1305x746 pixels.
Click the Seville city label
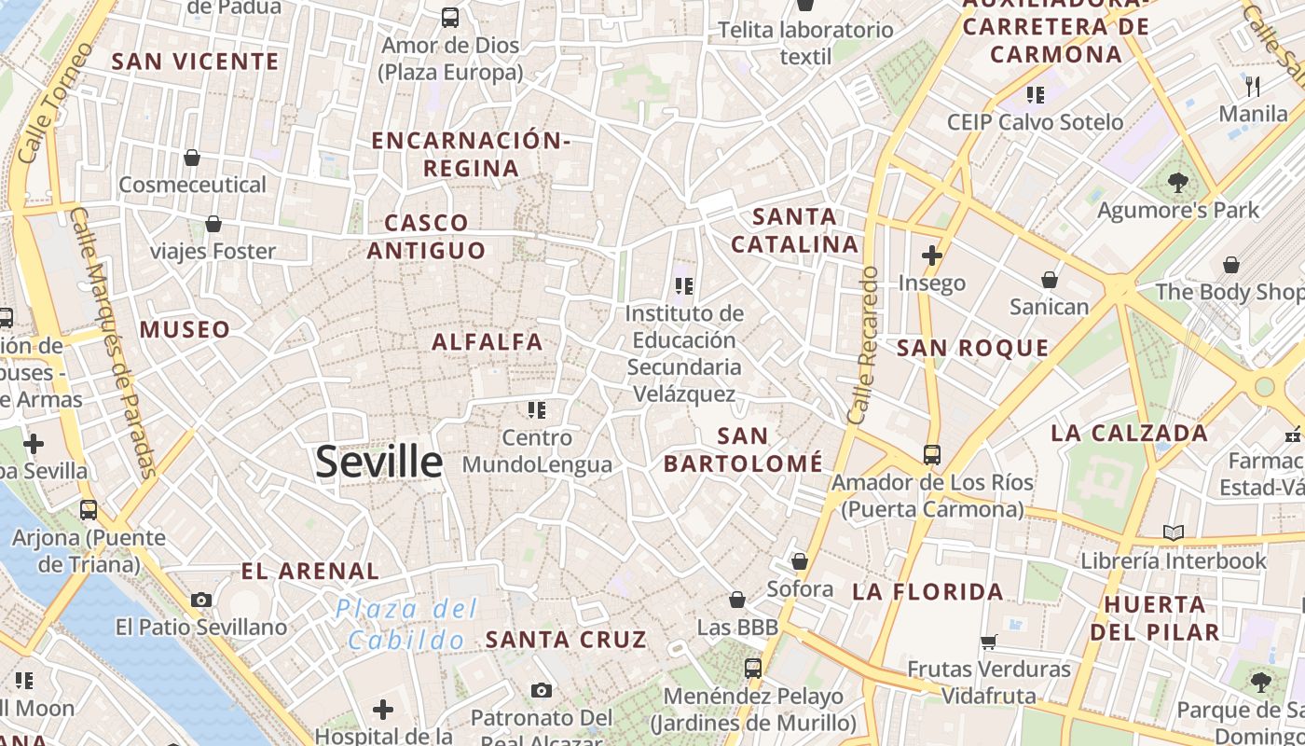click(378, 462)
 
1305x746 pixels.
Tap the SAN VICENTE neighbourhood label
click(195, 62)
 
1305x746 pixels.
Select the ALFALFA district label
click(488, 341)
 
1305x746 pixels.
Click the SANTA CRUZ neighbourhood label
click(566, 640)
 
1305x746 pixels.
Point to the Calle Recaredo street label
click(865, 345)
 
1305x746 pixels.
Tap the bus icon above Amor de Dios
click(450, 17)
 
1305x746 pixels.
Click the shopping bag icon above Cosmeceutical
click(192, 158)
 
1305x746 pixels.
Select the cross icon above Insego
click(931, 255)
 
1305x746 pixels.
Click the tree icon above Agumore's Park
click(1178, 183)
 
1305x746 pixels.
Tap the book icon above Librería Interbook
click(1174, 532)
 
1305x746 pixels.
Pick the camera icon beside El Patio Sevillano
click(201, 600)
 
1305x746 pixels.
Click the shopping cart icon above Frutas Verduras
click(989, 642)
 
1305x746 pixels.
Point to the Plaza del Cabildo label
click(406, 625)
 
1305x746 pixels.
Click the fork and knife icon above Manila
click(1253, 87)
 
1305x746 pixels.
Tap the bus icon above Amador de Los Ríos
click(931, 455)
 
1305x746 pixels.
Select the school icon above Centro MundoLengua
click(536, 409)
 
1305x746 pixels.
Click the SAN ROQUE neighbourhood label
click(972, 349)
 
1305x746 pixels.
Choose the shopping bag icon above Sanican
click(1050, 279)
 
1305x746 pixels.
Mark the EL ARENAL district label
click(309, 571)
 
